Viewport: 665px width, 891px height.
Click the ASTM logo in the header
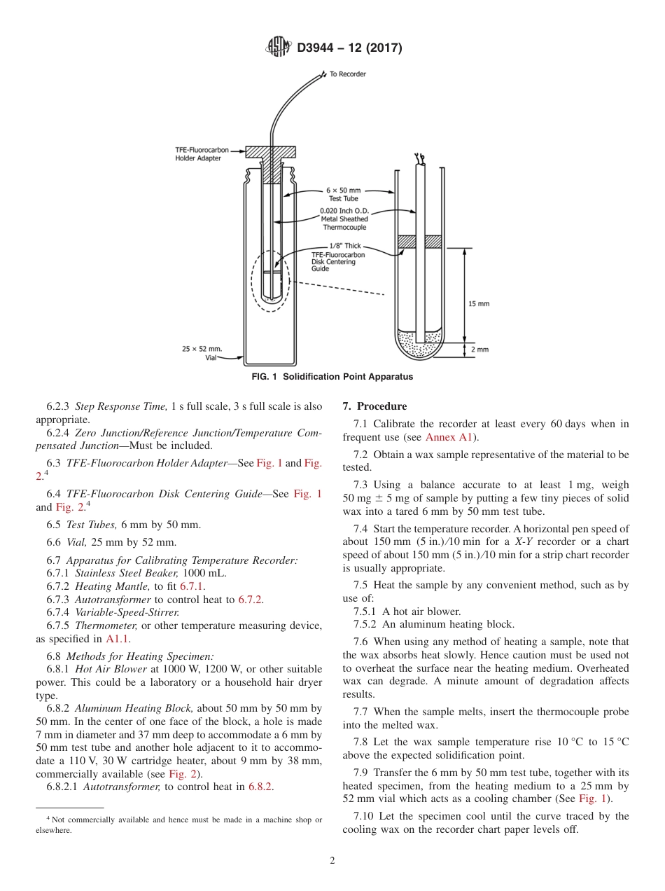click(x=279, y=48)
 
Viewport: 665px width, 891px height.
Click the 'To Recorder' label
click(x=348, y=74)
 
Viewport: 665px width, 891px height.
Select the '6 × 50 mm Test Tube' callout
click(x=343, y=194)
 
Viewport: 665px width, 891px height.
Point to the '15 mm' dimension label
click(x=479, y=303)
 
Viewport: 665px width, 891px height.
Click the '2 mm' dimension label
click(x=480, y=349)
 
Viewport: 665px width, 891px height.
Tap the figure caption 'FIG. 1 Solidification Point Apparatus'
click(x=332, y=377)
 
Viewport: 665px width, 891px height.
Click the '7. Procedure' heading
click(x=374, y=406)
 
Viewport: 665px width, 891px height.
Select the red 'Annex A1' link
click(x=449, y=437)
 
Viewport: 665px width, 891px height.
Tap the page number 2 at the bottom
click(x=332, y=860)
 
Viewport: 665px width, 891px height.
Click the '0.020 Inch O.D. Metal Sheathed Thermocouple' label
click(x=344, y=219)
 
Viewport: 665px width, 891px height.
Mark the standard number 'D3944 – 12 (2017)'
click(x=349, y=48)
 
